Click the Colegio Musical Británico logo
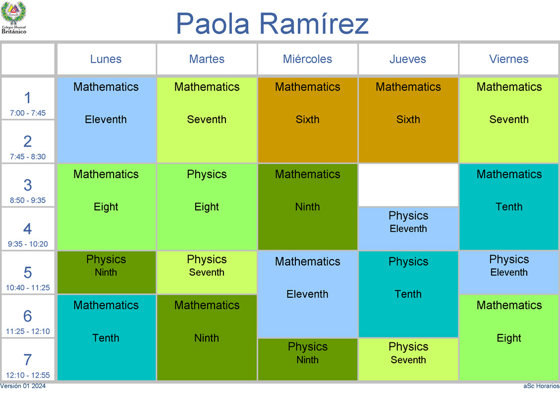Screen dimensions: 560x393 [13, 17]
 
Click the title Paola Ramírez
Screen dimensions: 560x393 [272, 24]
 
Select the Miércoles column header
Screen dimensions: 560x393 [307, 59]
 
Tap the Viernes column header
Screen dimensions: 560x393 [508, 59]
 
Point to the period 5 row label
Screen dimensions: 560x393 [28, 273]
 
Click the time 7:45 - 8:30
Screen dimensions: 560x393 [28, 157]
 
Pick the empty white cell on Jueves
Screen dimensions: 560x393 [408, 185]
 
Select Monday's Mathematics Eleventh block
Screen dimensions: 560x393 [107, 120]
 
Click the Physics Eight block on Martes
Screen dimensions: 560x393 [207, 207]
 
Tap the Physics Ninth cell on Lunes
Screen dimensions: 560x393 [107, 272]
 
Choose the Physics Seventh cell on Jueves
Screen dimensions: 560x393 [408, 359]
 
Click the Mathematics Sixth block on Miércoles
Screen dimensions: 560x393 [307, 120]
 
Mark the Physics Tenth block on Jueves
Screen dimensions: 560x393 [408, 294]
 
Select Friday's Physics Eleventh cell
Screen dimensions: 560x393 [508, 272]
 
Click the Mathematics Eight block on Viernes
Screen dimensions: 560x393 [508, 337]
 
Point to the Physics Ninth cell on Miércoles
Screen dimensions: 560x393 [307, 359]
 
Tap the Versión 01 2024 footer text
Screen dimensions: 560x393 [23, 386]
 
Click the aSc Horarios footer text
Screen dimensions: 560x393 [542, 386]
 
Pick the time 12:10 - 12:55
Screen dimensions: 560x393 [28, 375]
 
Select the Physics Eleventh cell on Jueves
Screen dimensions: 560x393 [408, 228]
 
